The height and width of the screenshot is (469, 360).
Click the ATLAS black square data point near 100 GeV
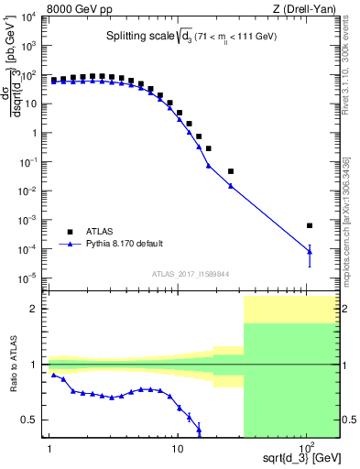(310, 225)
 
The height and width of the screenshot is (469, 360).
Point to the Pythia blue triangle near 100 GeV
(310, 251)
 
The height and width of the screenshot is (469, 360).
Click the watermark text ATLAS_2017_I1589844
(191, 272)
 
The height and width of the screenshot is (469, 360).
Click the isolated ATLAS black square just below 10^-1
(231, 171)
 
